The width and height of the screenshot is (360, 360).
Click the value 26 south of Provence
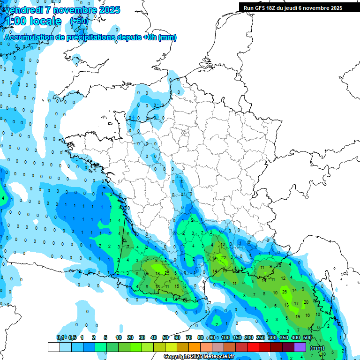(x=285, y=292)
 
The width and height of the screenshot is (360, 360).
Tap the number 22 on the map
(x=224, y=257)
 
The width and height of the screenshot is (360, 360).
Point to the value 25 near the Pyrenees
(x=167, y=272)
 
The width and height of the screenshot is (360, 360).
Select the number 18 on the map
(x=157, y=273)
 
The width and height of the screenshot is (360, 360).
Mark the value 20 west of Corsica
(x=306, y=302)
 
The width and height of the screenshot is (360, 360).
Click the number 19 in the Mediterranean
(x=298, y=316)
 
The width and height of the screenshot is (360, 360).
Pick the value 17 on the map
(x=296, y=304)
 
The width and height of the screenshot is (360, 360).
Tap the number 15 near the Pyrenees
(x=176, y=286)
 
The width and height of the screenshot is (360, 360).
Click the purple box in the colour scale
(x=300, y=347)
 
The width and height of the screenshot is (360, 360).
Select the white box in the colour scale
(x=54, y=347)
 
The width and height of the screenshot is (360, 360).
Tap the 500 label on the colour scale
(x=307, y=337)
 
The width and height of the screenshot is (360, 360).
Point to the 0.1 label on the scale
(x=60, y=337)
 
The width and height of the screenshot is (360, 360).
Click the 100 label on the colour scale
(x=225, y=337)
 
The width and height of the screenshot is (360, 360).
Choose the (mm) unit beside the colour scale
(x=317, y=348)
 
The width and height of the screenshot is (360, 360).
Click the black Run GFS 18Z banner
(x=292, y=8)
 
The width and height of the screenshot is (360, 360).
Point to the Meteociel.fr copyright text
(x=199, y=357)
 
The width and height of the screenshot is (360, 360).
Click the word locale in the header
(x=45, y=21)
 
